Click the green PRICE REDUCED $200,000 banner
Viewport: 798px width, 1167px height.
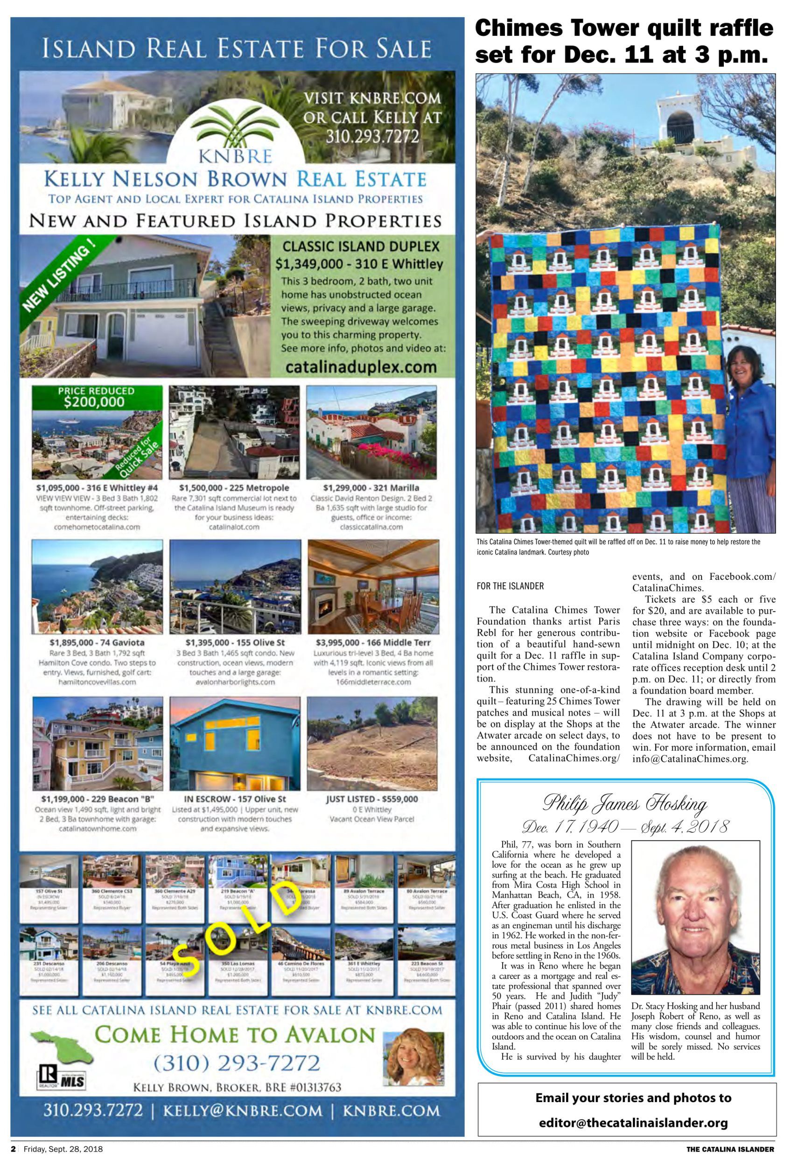coord(96,397)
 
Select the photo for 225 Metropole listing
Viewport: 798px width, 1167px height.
coord(234,432)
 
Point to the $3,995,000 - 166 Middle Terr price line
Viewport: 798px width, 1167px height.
coord(373,642)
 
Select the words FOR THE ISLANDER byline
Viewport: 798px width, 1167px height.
coord(510,585)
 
